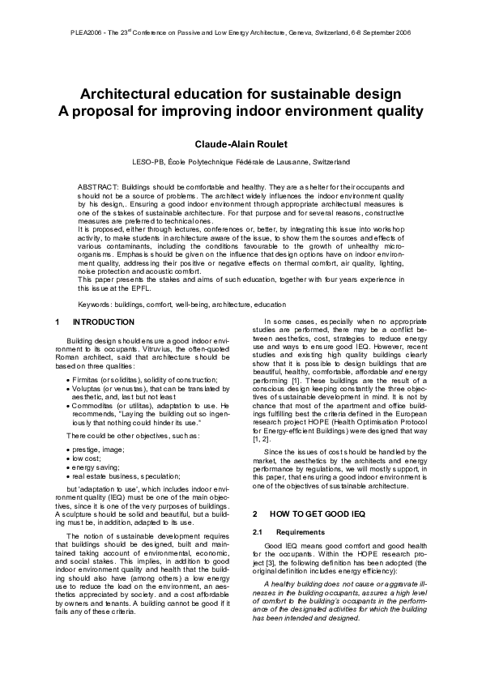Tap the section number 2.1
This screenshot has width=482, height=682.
pyautogui.click(x=258, y=532)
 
